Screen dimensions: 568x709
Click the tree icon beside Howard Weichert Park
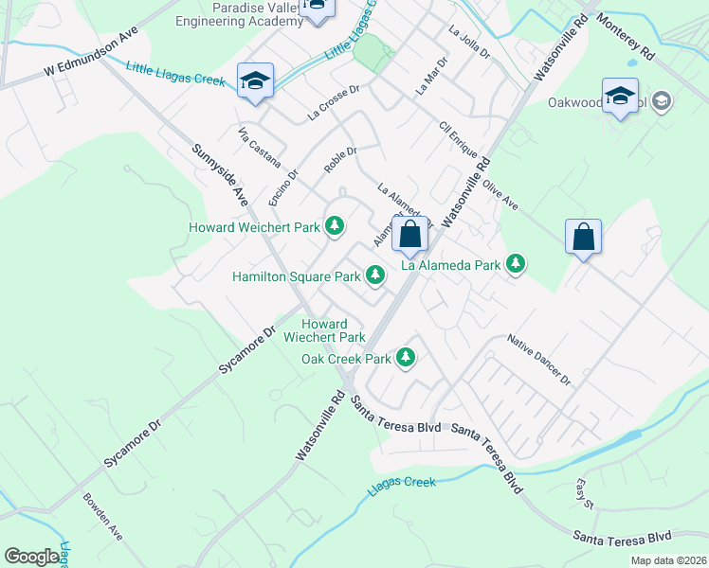(334, 225)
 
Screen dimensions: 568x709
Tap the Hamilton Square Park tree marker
(375, 275)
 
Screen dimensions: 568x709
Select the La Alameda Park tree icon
(516, 264)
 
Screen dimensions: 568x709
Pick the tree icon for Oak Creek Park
(406, 357)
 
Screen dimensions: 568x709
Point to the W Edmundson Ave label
(91, 58)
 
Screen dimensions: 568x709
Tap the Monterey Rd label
(627, 39)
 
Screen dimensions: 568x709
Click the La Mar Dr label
(430, 75)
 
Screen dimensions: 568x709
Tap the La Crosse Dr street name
(334, 103)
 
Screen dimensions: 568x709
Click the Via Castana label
(256, 143)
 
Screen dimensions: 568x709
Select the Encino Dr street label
(282, 187)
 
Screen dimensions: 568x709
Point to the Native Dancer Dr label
(538, 360)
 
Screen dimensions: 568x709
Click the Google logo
(32, 557)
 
